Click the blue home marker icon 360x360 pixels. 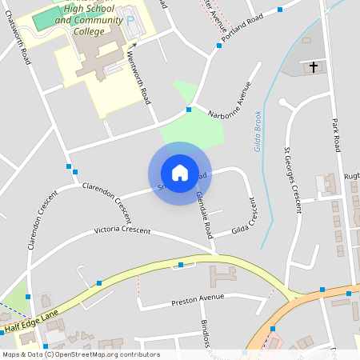coord(180,172)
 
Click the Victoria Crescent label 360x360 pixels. coord(122,230)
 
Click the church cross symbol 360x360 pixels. coord(313,67)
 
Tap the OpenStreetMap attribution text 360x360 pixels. coord(80,354)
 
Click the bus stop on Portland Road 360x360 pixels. coord(219,46)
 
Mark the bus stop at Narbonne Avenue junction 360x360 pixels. coord(190,109)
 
